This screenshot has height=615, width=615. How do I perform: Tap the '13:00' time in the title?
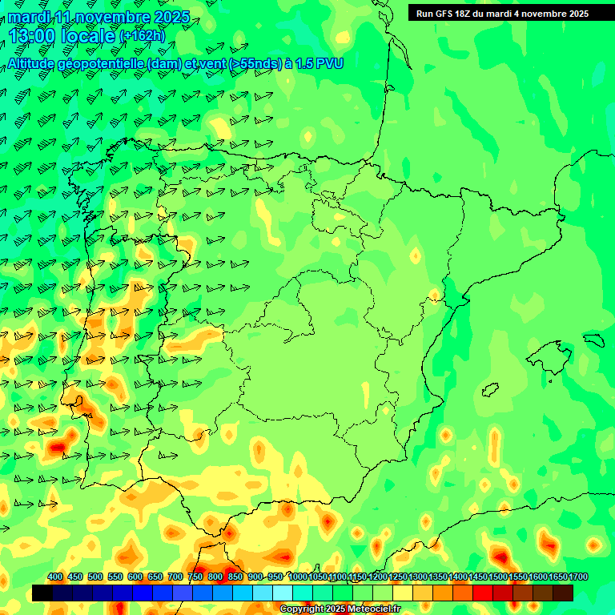[31, 36]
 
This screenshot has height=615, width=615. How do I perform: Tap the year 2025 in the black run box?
[576, 14]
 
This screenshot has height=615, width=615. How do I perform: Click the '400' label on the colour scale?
[55, 577]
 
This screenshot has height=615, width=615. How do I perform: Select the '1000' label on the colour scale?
[298, 577]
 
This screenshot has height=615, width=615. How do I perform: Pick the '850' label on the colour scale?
[235, 577]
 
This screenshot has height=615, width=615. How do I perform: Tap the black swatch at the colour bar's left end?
[42, 593]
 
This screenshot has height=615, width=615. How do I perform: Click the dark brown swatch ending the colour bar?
[563, 593]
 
